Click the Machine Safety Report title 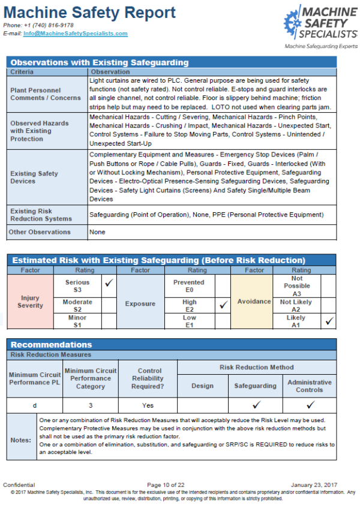point(89,13)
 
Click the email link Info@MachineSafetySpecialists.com point(75,34)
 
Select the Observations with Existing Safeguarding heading point(100,62)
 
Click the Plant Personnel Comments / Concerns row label point(46,94)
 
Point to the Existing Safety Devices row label point(35,177)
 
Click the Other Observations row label point(40,232)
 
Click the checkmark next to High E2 point(222,305)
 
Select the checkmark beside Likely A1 point(328,321)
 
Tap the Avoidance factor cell point(254,302)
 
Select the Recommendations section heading point(52,345)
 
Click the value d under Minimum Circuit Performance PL point(34,405)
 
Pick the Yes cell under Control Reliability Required point(149,405)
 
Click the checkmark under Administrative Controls point(309,405)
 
